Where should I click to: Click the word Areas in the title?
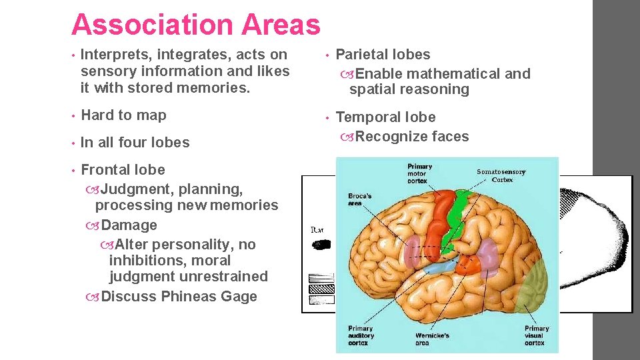point(283,25)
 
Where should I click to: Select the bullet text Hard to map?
point(123,115)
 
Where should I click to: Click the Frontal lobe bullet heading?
point(123,170)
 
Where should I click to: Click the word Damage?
point(129,225)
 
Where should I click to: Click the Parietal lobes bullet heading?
point(383,55)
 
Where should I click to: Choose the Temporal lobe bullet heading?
point(385,117)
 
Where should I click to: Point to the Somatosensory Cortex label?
point(501,175)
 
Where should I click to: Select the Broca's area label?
point(361,199)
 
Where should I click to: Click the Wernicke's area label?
point(431,338)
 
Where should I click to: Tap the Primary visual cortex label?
point(536,335)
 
